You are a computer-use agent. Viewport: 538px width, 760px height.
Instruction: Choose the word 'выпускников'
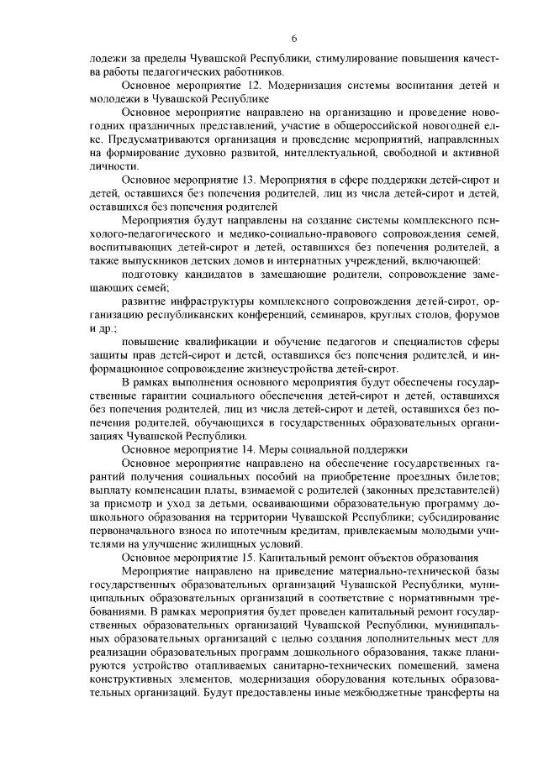tap(147, 260)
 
